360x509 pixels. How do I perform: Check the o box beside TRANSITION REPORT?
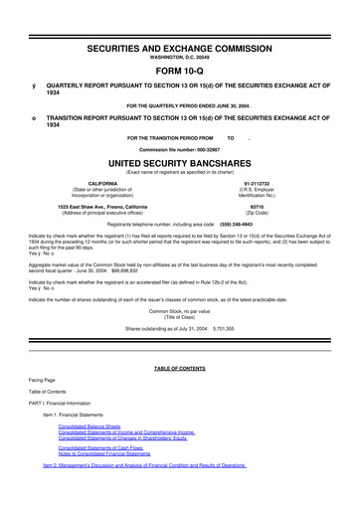pyautogui.click(x=34, y=118)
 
